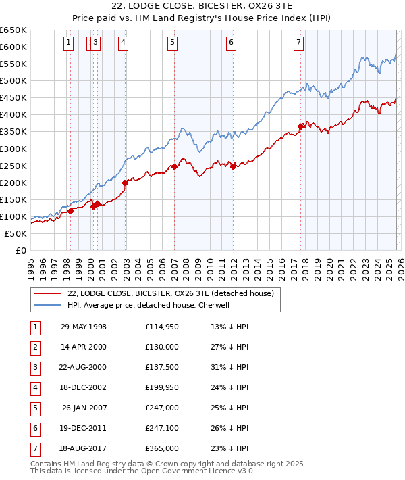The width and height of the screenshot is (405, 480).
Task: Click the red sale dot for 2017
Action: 300,126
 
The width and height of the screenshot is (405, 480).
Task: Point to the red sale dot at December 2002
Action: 126,183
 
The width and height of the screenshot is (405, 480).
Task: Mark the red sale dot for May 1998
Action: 70,211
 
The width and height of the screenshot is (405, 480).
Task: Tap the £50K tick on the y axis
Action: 16,233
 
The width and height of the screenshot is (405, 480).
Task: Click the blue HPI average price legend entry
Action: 148,306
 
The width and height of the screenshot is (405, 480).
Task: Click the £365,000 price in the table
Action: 162,448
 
